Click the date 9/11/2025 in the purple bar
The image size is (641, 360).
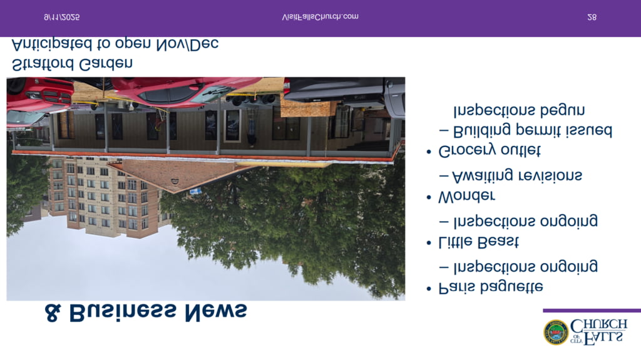point(62,17)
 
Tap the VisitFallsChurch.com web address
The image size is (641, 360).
point(320,17)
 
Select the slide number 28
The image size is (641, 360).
point(592,17)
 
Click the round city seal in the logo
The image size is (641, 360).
point(556,332)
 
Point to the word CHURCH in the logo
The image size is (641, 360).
point(598,325)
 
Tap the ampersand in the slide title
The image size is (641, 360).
point(53,313)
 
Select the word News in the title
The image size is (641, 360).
point(216,313)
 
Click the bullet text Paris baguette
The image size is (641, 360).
point(491,287)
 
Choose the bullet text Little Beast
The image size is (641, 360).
point(478,242)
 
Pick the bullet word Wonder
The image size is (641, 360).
point(466,197)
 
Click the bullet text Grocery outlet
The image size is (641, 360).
point(490,152)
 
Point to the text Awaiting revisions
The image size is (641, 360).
point(517,176)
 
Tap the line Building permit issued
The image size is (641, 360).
point(533,130)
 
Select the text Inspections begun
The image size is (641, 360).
point(519,110)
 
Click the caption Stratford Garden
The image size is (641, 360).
point(73,64)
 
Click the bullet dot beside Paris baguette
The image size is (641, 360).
point(428,289)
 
